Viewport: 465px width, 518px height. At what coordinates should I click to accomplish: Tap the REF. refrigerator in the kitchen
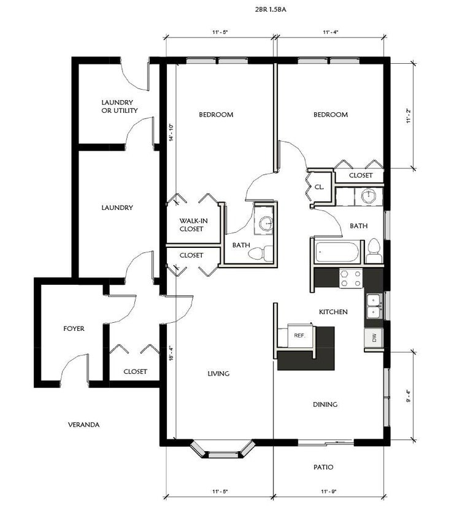pyautogui.click(x=300, y=336)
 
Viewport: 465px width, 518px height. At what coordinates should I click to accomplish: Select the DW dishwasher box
pyautogui.click(x=374, y=338)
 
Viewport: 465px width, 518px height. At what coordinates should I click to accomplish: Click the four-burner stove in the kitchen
pyautogui.click(x=351, y=278)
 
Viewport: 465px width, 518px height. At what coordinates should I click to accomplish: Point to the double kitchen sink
pyautogui.click(x=374, y=307)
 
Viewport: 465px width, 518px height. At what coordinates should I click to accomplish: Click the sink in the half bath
pyautogui.click(x=266, y=223)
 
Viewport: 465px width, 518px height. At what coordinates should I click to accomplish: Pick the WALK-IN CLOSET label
pyautogui.click(x=191, y=225)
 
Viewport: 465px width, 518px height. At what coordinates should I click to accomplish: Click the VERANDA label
pyautogui.click(x=84, y=424)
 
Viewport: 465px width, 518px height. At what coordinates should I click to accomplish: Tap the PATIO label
pyautogui.click(x=323, y=467)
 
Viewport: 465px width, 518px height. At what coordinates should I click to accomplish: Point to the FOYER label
pyautogui.click(x=74, y=328)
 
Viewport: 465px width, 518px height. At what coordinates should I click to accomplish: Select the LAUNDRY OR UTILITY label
pyautogui.click(x=119, y=106)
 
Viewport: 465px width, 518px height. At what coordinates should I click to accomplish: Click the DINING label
pyautogui.click(x=325, y=404)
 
